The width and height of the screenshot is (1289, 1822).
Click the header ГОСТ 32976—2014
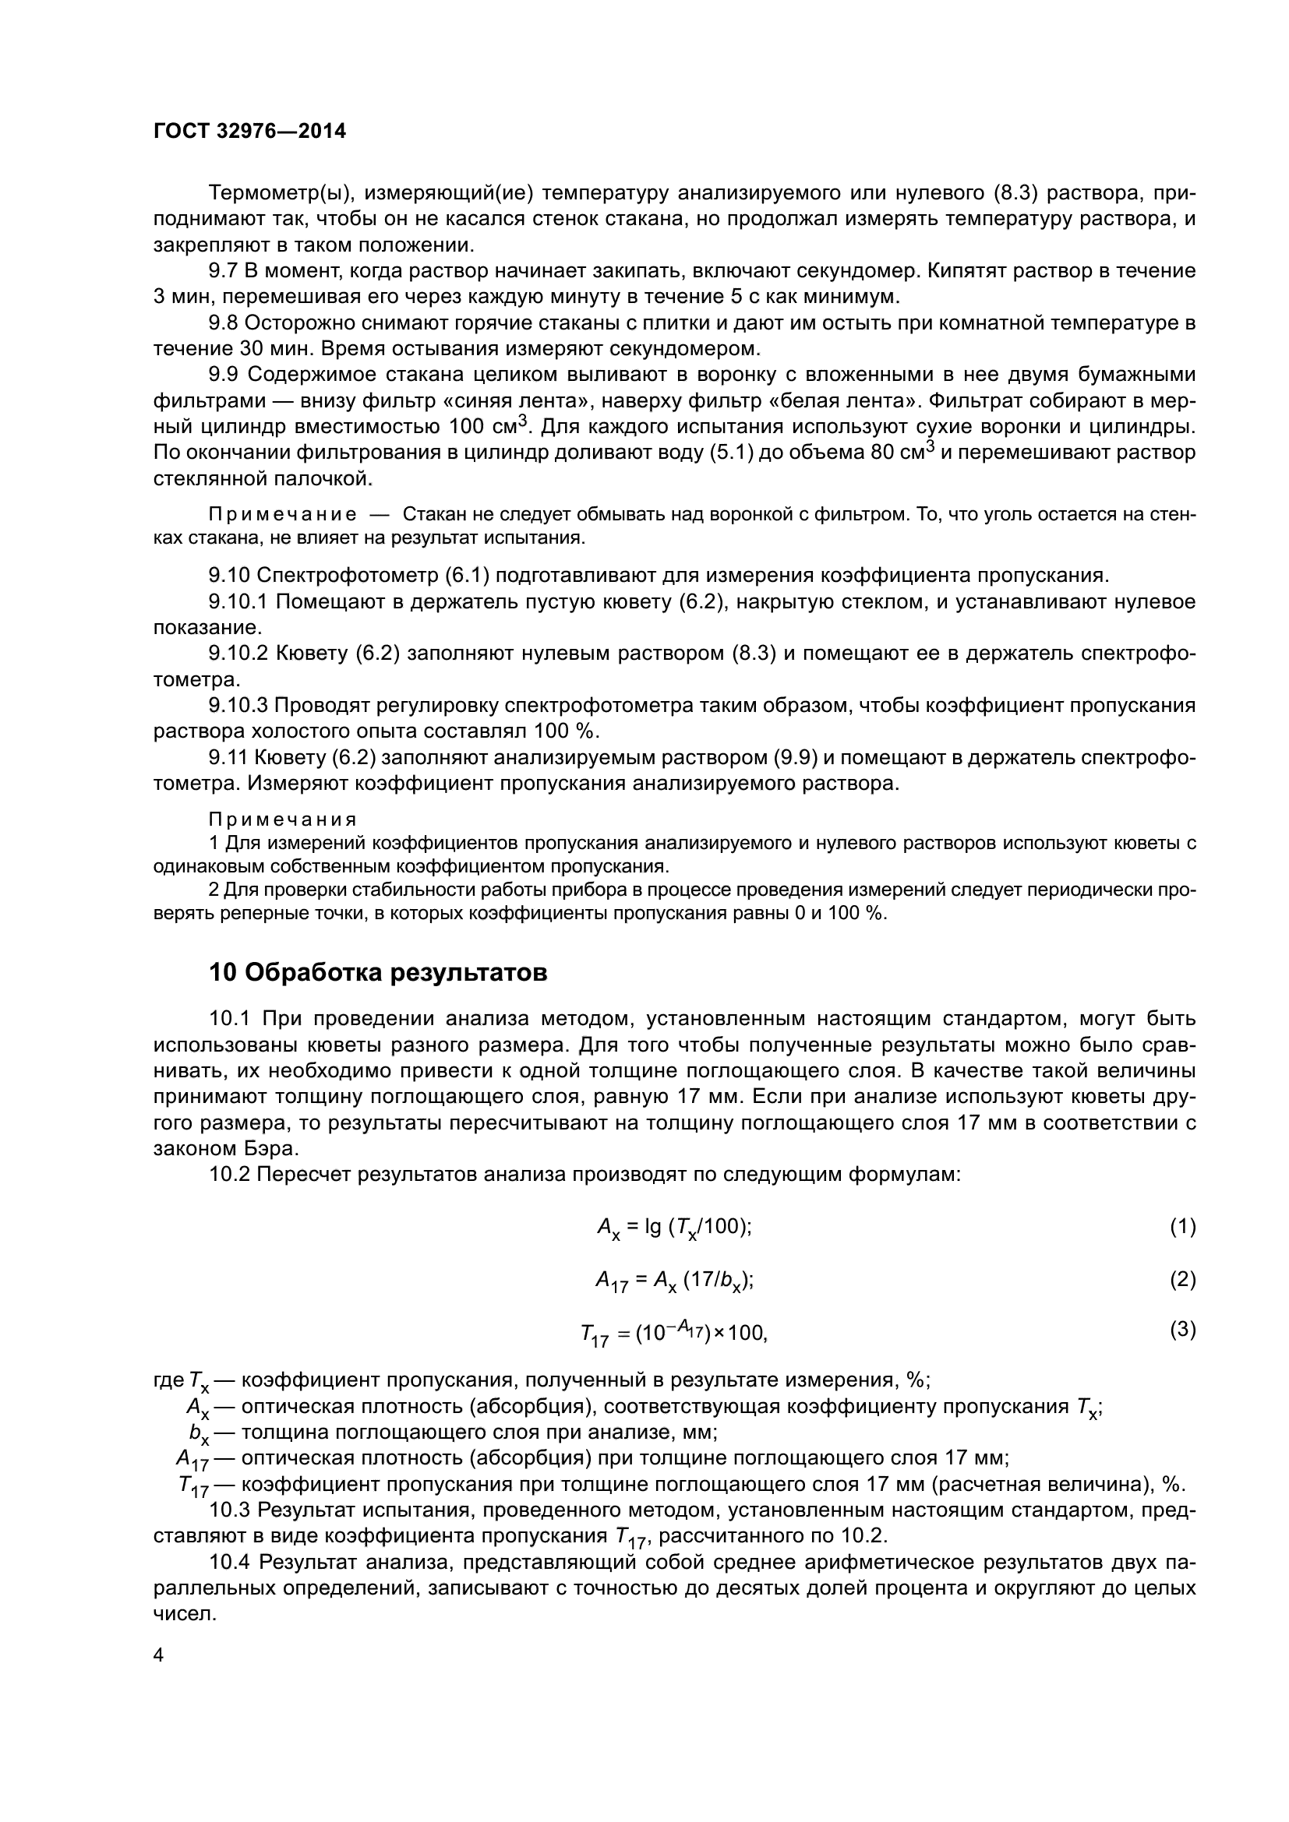pos(249,132)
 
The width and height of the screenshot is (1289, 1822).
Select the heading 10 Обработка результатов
pos(378,972)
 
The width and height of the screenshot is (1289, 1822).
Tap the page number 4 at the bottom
pos(159,1655)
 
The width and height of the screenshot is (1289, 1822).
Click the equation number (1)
pos(1182,1226)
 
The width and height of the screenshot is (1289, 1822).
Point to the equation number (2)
pos(1182,1278)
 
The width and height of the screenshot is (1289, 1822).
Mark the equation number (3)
pos(1182,1329)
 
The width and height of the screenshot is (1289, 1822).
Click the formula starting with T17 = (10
pos(674,1333)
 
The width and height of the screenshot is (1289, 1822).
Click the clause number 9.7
pos(223,271)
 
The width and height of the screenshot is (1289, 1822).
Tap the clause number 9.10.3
pos(238,706)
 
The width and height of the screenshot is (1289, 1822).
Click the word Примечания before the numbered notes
pos(283,819)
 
